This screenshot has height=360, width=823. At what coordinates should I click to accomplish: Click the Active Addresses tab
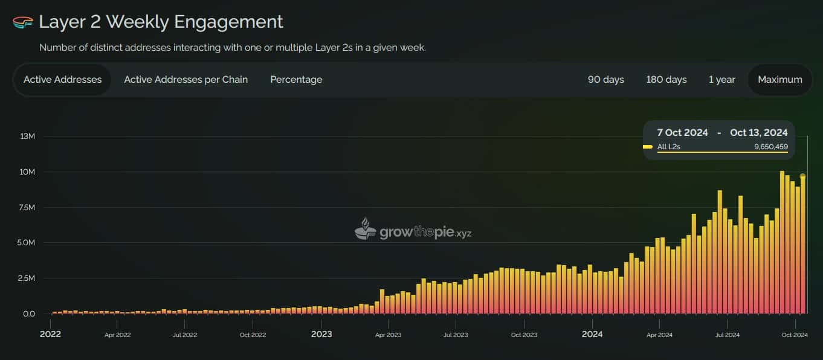point(62,80)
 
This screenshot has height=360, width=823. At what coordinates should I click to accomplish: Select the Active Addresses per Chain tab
point(186,80)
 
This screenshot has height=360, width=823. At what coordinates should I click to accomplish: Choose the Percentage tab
point(296,80)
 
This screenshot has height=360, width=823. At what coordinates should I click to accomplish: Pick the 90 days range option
point(605,80)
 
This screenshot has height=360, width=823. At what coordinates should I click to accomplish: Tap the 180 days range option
point(666,80)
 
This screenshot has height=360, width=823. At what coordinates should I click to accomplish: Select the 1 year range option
point(721,80)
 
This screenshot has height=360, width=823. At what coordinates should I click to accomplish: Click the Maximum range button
point(779,80)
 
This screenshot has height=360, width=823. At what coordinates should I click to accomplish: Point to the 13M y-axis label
point(28,137)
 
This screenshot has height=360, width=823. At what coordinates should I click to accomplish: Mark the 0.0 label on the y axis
point(29,314)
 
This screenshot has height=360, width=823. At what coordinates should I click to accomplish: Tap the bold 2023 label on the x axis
point(321,334)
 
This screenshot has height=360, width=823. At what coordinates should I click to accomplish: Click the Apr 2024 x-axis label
point(659,335)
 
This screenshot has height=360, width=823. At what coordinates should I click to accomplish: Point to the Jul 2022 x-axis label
point(185,335)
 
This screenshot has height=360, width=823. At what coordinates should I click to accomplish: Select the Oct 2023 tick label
point(523,335)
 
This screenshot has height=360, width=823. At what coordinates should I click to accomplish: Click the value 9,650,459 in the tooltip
point(770,147)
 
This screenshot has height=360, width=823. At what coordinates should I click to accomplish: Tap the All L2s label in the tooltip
point(668,147)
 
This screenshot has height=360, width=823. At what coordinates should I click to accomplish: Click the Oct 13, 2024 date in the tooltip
point(758,133)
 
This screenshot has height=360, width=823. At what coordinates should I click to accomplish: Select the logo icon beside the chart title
point(22,22)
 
